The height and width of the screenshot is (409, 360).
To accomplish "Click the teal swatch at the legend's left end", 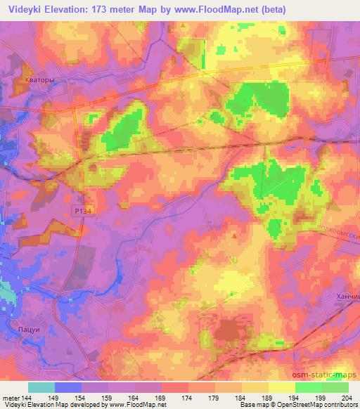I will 41,387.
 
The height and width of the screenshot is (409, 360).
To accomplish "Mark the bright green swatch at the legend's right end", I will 335,387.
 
